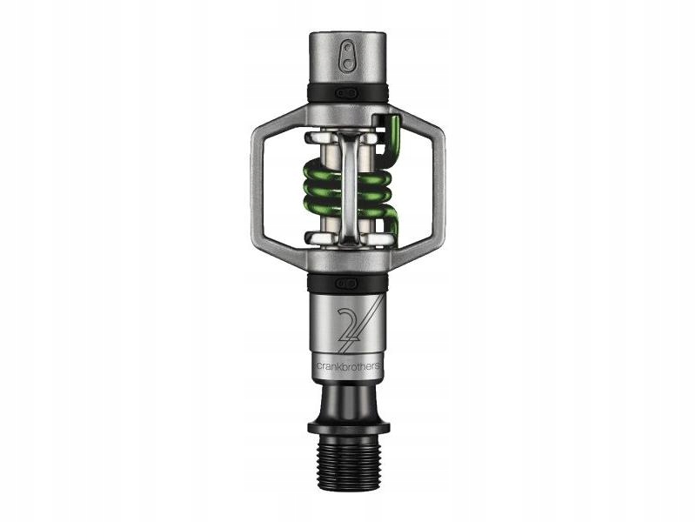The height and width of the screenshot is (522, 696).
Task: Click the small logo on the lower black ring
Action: click(x=348, y=283)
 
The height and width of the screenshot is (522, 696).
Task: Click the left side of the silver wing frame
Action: click(x=254, y=186)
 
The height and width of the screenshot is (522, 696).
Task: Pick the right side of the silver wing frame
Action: click(x=440, y=186)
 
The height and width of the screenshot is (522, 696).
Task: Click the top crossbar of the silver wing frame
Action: click(x=348, y=111)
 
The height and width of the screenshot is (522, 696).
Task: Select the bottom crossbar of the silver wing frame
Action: click(x=348, y=261)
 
